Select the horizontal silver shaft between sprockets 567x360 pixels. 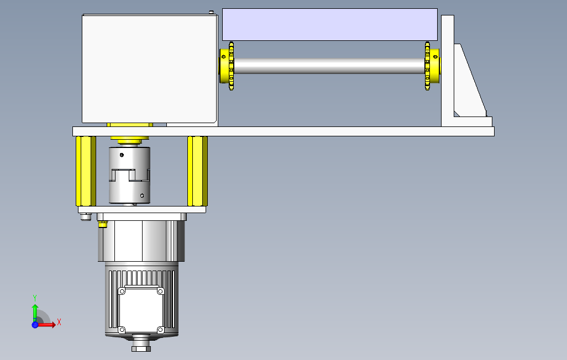[329, 66]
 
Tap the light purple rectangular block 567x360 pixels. [330, 25]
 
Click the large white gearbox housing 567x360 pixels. [149, 68]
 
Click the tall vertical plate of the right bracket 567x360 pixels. [447, 71]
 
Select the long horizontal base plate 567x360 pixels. [283, 131]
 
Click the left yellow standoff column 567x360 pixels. [86, 171]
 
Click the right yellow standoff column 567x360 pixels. [197, 171]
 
